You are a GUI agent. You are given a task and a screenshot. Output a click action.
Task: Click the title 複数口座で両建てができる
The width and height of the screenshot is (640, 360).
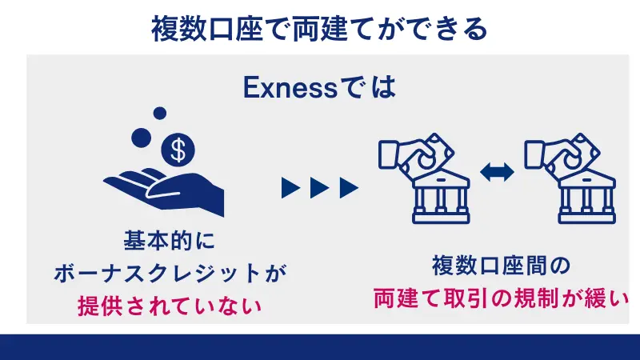(x=319, y=30)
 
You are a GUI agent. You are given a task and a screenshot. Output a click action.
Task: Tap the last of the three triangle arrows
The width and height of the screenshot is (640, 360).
(x=349, y=188)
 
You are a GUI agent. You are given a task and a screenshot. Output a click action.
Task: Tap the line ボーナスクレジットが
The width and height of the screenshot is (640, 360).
(x=170, y=273)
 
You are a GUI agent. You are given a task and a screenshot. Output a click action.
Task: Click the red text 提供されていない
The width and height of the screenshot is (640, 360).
(x=170, y=305)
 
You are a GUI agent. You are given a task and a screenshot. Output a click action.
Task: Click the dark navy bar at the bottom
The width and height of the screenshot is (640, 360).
(x=320, y=346)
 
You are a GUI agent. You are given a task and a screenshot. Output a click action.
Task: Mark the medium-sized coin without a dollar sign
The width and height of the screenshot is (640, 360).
(x=141, y=137)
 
